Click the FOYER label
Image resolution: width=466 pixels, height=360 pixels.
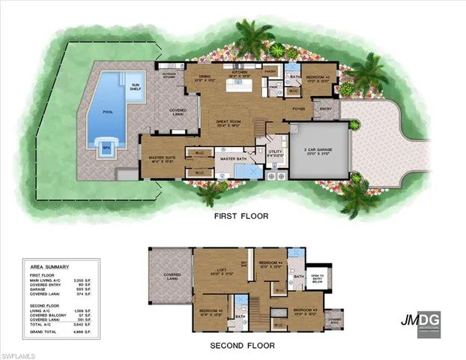pyautogui.click(x=297, y=109)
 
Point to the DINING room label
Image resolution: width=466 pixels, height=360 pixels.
pyautogui.click(x=203, y=76)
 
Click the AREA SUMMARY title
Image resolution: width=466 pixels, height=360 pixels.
pyautogui.click(x=49, y=266)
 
